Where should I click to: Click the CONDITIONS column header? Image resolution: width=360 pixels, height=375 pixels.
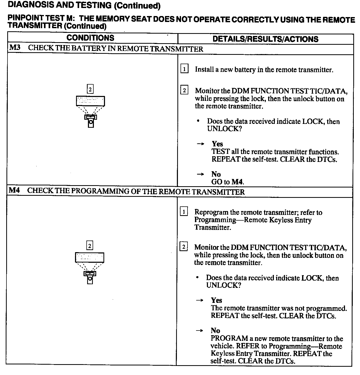(x=90, y=38)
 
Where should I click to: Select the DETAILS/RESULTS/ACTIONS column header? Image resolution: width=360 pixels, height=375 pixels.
(x=265, y=39)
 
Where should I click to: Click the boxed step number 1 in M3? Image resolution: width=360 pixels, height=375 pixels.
(x=184, y=69)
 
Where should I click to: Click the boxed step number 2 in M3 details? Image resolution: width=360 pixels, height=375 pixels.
(x=184, y=91)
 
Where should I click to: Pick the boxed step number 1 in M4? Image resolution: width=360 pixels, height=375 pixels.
(x=184, y=212)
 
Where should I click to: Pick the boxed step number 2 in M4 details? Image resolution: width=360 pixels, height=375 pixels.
(x=184, y=247)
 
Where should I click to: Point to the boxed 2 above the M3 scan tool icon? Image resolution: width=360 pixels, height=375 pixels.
(x=90, y=89)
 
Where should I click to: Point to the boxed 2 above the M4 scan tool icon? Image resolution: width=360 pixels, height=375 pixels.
(x=89, y=246)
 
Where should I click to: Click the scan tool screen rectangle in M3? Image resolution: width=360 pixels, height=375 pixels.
(x=90, y=101)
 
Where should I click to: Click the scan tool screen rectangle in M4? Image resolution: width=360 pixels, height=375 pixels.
(x=89, y=258)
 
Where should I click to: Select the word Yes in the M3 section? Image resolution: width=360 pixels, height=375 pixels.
(x=217, y=144)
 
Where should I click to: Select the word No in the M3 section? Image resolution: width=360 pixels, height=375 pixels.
(x=216, y=174)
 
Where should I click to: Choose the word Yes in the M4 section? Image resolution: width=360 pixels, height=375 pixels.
(x=216, y=300)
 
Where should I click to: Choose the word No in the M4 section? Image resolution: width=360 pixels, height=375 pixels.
(x=215, y=331)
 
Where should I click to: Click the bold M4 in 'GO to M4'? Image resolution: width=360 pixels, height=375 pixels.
(x=237, y=182)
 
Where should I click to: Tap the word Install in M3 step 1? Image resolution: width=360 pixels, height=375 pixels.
(x=204, y=70)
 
